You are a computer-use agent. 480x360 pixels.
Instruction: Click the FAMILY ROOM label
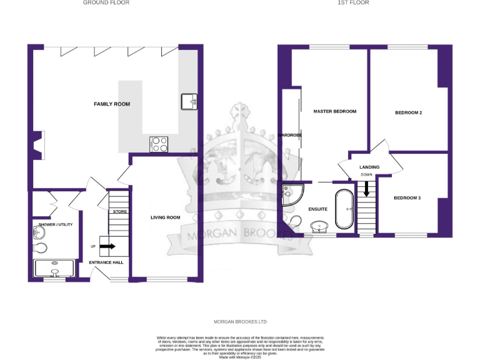pyautogui.click(x=112, y=104)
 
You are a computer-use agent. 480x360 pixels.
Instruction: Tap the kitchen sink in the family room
pyautogui.click(x=189, y=101)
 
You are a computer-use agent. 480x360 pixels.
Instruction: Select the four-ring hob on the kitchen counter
pyautogui.click(x=159, y=144)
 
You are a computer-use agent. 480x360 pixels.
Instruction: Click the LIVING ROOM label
pyautogui.click(x=165, y=217)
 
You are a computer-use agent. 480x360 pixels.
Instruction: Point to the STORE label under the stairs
pyautogui.click(x=119, y=212)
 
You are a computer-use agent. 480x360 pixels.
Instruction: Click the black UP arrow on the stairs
pyautogui.click(x=107, y=246)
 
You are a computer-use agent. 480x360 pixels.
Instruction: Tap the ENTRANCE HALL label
pyautogui.click(x=106, y=262)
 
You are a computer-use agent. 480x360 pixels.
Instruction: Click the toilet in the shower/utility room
pyautogui.click(x=40, y=247)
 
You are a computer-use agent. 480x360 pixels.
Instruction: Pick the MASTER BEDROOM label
pyautogui.click(x=334, y=111)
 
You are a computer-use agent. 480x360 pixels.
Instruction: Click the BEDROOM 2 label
pyautogui.click(x=408, y=113)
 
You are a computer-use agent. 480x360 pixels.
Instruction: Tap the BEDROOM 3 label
pyautogui.click(x=407, y=198)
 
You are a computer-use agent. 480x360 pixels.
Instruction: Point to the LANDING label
pyautogui.click(x=369, y=167)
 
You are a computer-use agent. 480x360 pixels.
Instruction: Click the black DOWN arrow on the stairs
pyautogui.click(x=366, y=187)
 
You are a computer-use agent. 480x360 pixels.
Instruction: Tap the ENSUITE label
pyautogui.click(x=317, y=209)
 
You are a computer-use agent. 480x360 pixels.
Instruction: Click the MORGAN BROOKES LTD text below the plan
pyautogui.click(x=241, y=322)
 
